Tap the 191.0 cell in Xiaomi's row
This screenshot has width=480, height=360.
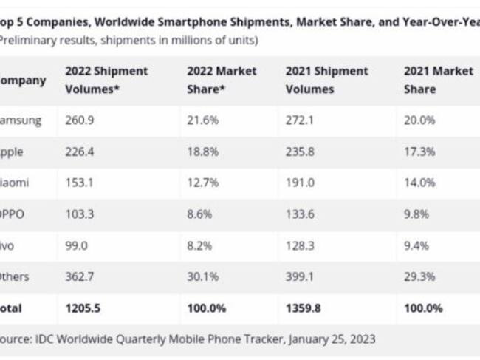(300, 182)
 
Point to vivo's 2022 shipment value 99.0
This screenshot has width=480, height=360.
(76, 245)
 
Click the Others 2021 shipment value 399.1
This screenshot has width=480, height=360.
(300, 276)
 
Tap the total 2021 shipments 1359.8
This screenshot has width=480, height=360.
(304, 308)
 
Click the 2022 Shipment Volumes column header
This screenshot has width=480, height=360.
(106, 80)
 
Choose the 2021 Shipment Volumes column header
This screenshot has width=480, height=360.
(326, 80)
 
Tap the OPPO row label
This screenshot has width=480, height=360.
(15, 214)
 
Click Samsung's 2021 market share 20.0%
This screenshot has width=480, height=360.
(418, 120)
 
